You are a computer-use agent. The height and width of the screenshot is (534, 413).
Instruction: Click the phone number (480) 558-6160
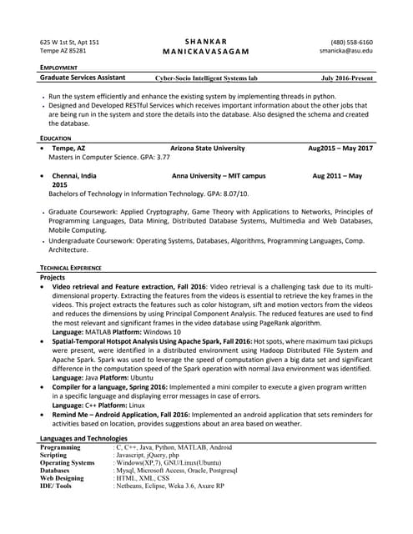[351, 42]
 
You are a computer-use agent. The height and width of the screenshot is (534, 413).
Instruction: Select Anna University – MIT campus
[219, 176]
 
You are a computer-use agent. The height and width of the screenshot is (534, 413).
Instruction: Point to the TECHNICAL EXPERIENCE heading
[71, 267]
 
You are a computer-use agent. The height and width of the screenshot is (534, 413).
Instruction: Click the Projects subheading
[53, 277]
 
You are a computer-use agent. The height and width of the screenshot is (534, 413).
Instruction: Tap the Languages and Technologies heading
[83, 438]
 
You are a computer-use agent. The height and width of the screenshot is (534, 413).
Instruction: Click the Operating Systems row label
[68, 462]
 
